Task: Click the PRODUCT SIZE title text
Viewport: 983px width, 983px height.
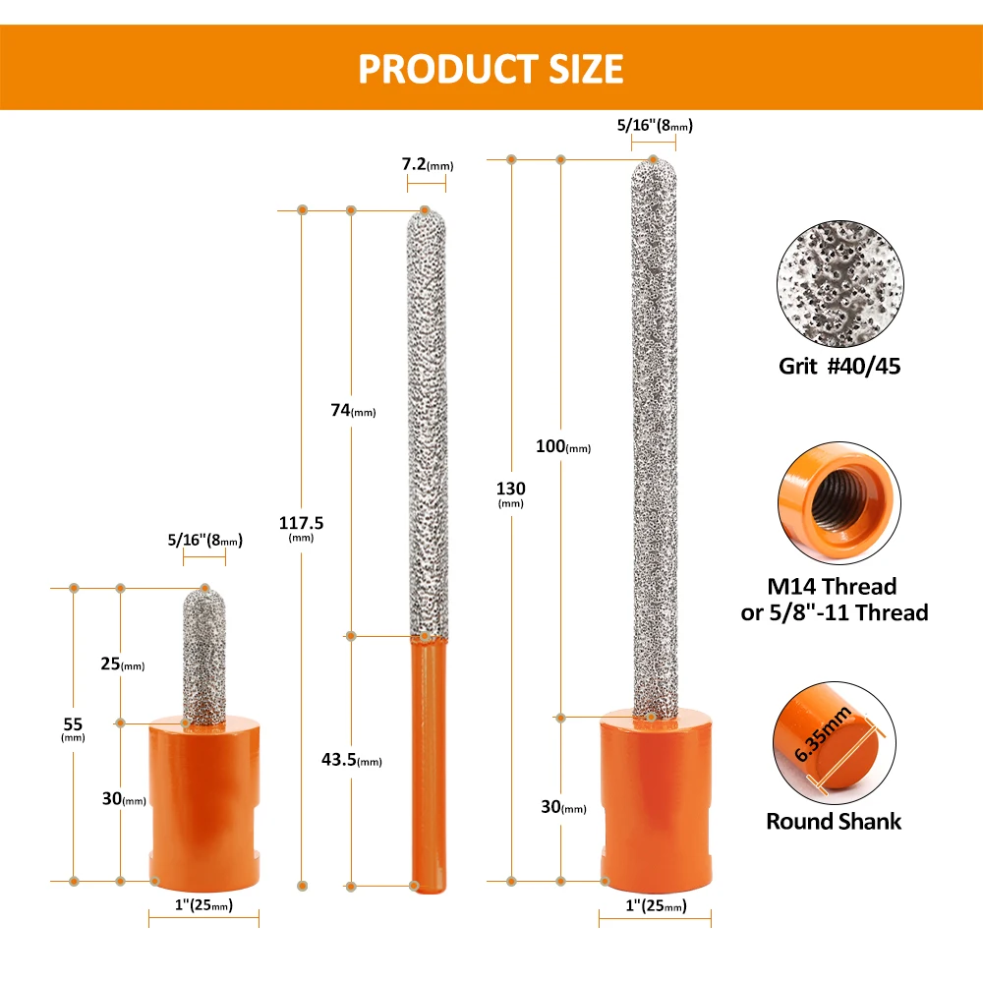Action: (491, 69)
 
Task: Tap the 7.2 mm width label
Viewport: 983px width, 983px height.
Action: (424, 164)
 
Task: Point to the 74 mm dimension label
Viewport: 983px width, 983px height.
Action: (353, 410)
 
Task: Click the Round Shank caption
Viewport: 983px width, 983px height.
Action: (834, 822)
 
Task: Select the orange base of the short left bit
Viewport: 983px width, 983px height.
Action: (202, 802)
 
